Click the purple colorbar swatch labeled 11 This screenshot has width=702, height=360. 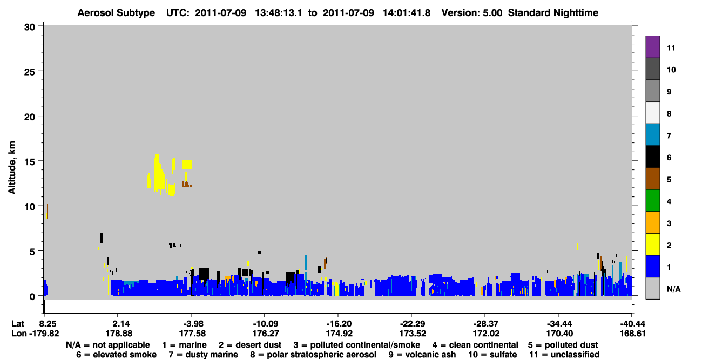pyautogui.click(x=652, y=46)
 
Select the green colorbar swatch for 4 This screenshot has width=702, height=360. pyautogui.click(x=652, y=201)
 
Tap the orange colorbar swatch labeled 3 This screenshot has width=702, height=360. pyautogui.click(x=652, y=222)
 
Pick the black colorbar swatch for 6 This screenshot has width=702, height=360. pyautogui.click(x=652, y=157)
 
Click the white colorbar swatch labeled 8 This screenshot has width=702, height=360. pyautogui.click(x=652, y=113)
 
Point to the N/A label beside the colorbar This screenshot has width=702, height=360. pyautogui.click(x=673, y=289)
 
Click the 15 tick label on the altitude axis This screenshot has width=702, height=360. pyautogui.click(x=30, y=162)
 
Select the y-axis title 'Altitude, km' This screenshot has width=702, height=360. pyautogui.click(x=11, y=168)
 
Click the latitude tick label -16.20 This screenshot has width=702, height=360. pyautogui.click(x=339, y=324)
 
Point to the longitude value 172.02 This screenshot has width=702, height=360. pyautogui.click(x=486, y=334)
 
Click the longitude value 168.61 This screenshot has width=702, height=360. pyautogui.click(x=633, y=334)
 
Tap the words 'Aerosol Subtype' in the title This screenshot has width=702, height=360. pyautogui.click(x=116, y=13)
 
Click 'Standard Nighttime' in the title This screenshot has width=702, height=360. pyautogui.click(x=553, y=13)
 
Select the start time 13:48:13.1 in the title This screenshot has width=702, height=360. pyautogui.click(x=279, y=13)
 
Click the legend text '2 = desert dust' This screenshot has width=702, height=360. pyautogui.click(x=250, y=345)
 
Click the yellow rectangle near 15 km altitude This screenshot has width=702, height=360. pyautogui.click(x=187, y=165)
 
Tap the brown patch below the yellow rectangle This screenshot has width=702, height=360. pyautogui.click(x=186, y=184)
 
